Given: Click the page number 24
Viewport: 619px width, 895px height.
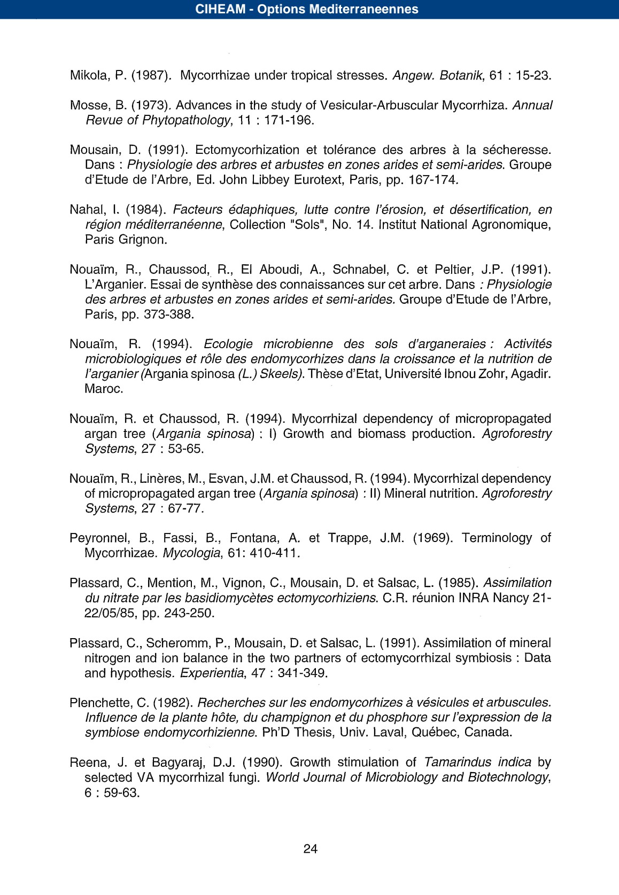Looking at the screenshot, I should (x=310, y=849).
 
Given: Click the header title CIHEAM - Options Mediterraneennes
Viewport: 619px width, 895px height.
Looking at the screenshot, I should (x=307, y=9).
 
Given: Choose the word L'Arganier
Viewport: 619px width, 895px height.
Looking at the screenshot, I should (x=111, y=285).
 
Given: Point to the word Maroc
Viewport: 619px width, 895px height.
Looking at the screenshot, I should (x=104, y=389).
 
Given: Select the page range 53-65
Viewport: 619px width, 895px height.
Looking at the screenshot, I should (x=185, y=449).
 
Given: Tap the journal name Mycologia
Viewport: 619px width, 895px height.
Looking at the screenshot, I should (x=191, y=553).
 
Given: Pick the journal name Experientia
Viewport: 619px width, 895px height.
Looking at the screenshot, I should (x=212, y=673).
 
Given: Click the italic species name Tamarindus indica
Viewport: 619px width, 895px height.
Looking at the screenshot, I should (x=477, y=762).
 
